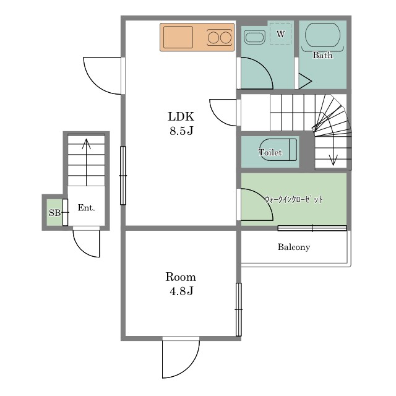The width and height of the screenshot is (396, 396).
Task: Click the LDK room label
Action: point(181,117)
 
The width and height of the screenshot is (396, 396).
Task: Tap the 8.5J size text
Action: point(181,131)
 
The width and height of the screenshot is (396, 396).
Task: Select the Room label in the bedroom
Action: point(181,277)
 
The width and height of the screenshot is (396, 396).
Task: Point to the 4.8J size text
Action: point(181,291)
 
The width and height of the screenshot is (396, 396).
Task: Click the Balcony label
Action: point(294,247)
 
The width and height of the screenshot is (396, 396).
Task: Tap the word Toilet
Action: point(270,152)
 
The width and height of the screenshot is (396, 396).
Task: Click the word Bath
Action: point(322,55)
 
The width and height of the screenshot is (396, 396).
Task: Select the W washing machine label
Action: point(280,34)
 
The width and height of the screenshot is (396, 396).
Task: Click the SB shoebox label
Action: point(54,213)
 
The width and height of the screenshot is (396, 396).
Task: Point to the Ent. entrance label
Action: point(87,208)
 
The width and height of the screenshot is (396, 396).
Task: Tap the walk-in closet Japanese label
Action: point(294,199)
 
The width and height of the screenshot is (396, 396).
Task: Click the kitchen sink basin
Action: point(178,37)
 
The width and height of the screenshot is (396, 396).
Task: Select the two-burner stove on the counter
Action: point(219,37)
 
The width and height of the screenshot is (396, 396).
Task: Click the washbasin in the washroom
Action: point(255,37)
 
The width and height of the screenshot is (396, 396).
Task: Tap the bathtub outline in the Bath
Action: point(322,35)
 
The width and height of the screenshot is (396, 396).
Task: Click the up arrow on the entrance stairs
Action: point(87,162)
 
